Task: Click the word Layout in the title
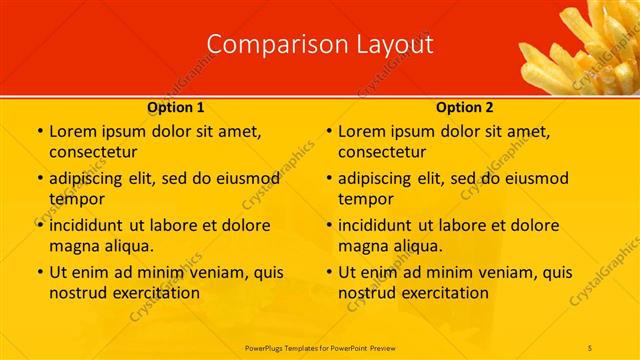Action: [x=393, y=45]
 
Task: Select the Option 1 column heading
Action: [x=176, y=106]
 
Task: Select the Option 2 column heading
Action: [x=465, y=106]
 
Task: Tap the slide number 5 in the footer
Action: [x=591, y=346]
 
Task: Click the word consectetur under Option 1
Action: [x=93, y=152]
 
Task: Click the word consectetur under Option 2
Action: [x=382, y=152]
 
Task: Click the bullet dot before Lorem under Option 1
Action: [x=39, y=132]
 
